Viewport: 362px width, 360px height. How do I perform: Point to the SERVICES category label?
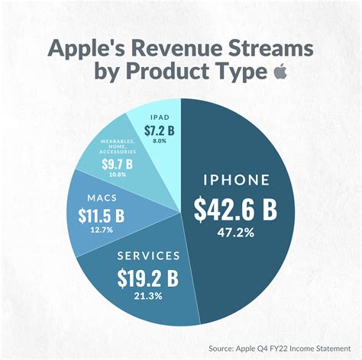pyautogui.click(x=150, y=255)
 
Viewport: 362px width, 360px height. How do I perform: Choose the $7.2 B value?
pyautogui.click(x=160, y=130)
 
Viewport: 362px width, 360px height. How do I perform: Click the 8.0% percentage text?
pyautogui.click(x=160, y=141)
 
